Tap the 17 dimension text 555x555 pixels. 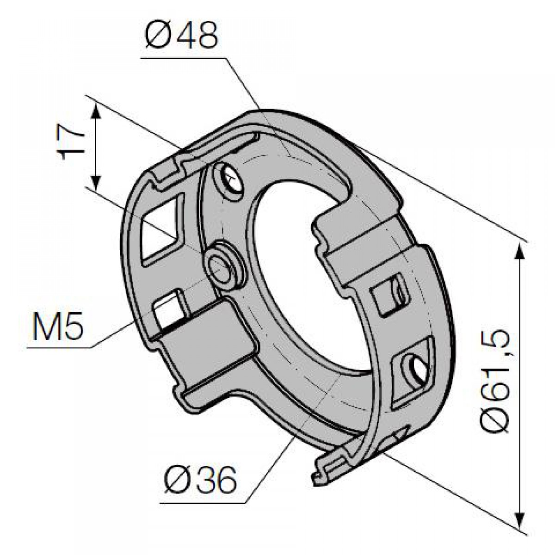[71, 142]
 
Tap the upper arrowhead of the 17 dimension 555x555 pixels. [96, 111]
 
